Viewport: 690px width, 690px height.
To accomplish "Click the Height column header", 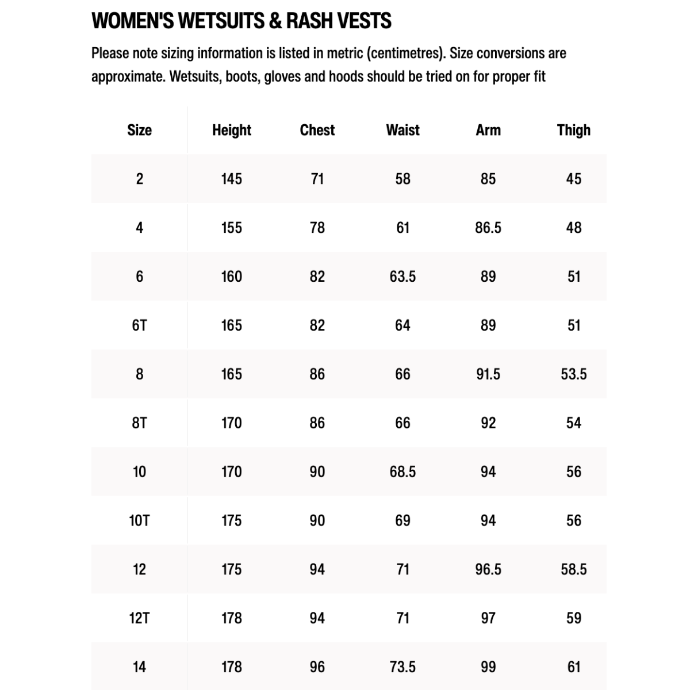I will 231,130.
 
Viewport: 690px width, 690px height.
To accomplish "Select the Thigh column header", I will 573,130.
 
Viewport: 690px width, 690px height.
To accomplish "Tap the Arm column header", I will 488,130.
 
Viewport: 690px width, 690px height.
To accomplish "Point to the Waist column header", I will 402,130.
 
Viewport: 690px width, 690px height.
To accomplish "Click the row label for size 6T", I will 139,325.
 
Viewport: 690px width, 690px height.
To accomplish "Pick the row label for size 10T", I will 139,520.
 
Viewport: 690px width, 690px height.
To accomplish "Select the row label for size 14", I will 139,667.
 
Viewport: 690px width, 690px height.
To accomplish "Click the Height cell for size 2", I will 231,179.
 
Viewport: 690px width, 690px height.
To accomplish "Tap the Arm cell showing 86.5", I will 488,228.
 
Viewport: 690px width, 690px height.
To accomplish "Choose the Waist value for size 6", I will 402,277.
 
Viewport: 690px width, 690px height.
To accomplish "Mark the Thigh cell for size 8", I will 573,374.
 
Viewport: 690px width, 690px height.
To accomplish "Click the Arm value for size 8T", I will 488,423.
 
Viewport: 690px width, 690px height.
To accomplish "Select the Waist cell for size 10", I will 402,472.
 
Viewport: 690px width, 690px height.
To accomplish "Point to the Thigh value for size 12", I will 573,569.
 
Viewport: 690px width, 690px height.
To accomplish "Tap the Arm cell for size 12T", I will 488,618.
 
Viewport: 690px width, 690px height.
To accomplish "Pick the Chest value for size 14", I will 317,667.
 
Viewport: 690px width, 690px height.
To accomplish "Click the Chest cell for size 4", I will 317,228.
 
